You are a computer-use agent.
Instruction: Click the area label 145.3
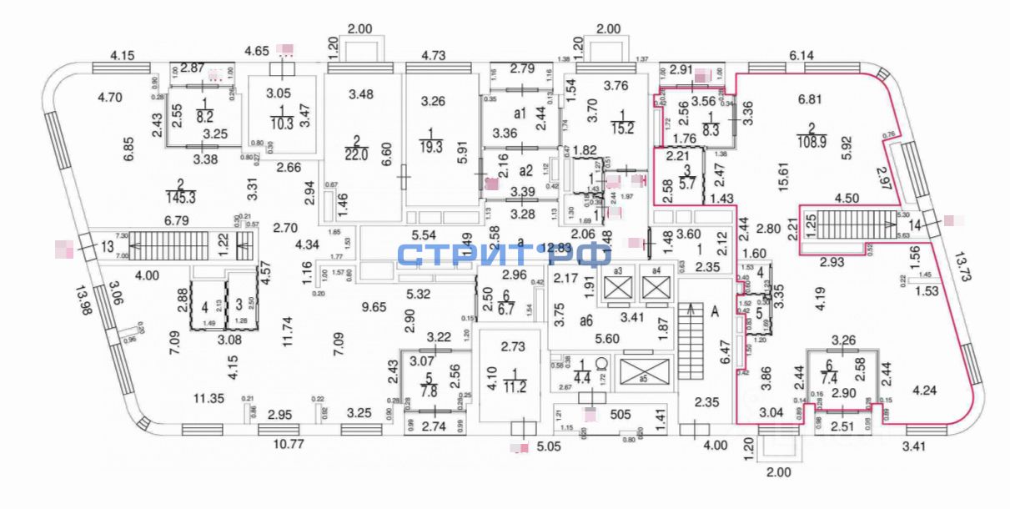click(x=180, y=197)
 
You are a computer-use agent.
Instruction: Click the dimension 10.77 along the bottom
click(x=289, y=442)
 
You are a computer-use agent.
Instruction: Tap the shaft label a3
click(x=618, y=270)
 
